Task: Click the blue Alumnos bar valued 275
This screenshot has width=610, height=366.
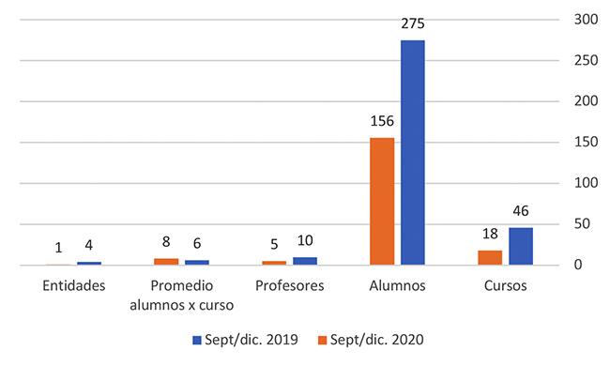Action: coord(413,152)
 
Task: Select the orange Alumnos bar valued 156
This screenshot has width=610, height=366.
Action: coord(382,201)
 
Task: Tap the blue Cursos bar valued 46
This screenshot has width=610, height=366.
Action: coord(521,246)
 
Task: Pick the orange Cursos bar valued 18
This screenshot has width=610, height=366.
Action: coord(490,257)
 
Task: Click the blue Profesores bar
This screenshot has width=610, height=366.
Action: coord(305,261)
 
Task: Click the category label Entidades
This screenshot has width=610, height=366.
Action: coord(73,285)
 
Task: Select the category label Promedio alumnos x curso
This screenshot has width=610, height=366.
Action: coord(181,294)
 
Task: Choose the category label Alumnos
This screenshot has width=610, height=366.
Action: coord(397,285)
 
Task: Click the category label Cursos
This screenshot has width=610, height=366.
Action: coord(506,285)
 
